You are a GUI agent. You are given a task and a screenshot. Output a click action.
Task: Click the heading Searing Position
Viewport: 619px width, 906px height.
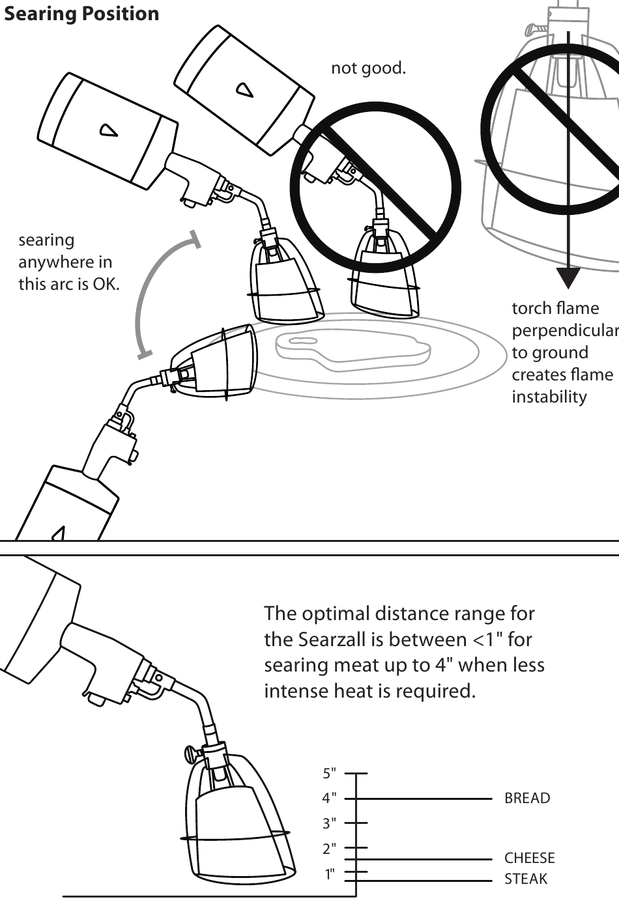pos(81,14)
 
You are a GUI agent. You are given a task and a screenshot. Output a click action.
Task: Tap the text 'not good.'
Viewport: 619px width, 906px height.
pos(368,68)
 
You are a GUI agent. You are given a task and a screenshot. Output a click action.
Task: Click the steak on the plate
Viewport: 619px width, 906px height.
pos(352,352)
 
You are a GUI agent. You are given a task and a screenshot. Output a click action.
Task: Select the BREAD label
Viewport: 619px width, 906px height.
pos(527,798)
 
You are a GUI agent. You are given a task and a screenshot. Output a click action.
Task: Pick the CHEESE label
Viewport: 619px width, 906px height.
pos(529,858)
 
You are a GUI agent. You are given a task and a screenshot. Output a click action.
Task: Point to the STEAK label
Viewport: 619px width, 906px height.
pos(526,879)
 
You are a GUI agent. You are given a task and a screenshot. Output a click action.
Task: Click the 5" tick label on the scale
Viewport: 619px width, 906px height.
pos(330,773)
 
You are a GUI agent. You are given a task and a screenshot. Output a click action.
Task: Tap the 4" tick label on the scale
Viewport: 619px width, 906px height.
pos(330,798)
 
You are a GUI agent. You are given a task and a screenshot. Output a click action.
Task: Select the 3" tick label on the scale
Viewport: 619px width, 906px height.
pos(330,823)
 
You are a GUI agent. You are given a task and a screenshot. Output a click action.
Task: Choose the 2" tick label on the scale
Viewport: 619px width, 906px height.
pos(330,848)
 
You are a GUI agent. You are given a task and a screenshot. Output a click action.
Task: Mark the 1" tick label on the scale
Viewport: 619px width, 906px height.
pos(330,874)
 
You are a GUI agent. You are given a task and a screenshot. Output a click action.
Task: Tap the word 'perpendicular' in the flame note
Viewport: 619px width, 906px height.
pos(565,330)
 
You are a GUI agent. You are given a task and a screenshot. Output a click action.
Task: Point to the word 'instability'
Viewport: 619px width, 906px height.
pos(549,397)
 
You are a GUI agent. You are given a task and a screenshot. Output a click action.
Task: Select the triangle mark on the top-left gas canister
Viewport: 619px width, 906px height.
pos(108,130)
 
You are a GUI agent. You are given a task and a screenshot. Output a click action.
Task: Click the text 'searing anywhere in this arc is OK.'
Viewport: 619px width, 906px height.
pos(68,262)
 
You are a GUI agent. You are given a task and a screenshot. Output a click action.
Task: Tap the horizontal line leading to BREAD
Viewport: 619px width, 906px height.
pos(424,798)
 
